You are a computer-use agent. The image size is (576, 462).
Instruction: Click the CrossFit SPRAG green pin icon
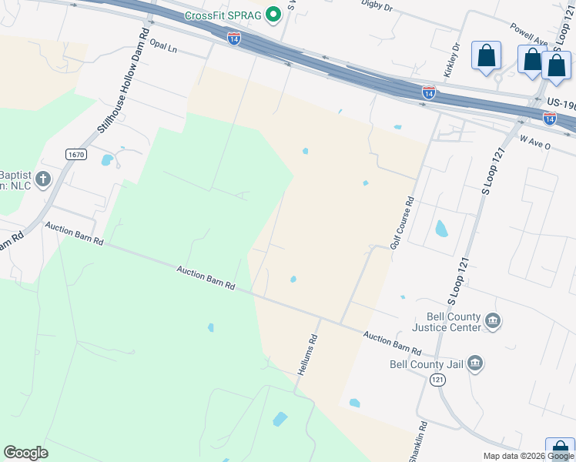[272, 15]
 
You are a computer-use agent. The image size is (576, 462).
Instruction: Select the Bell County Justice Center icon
[493, 320]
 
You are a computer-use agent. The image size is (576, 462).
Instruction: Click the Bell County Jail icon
[474, 363]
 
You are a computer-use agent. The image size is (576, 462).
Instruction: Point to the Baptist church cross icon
[43, 179]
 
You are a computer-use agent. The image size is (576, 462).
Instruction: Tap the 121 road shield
[437, 380]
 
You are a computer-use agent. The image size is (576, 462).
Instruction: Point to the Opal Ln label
[163, 46]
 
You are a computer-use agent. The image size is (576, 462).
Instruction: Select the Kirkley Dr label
[451, 59]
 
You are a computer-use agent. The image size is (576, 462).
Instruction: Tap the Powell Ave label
[528, 38]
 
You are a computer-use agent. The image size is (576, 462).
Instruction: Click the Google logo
[25, 453]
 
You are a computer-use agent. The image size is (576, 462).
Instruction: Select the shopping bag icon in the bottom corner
[560, 450]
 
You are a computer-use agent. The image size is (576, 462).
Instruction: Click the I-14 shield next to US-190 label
[549, 118]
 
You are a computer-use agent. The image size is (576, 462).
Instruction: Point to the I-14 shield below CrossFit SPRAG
[234, 38]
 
